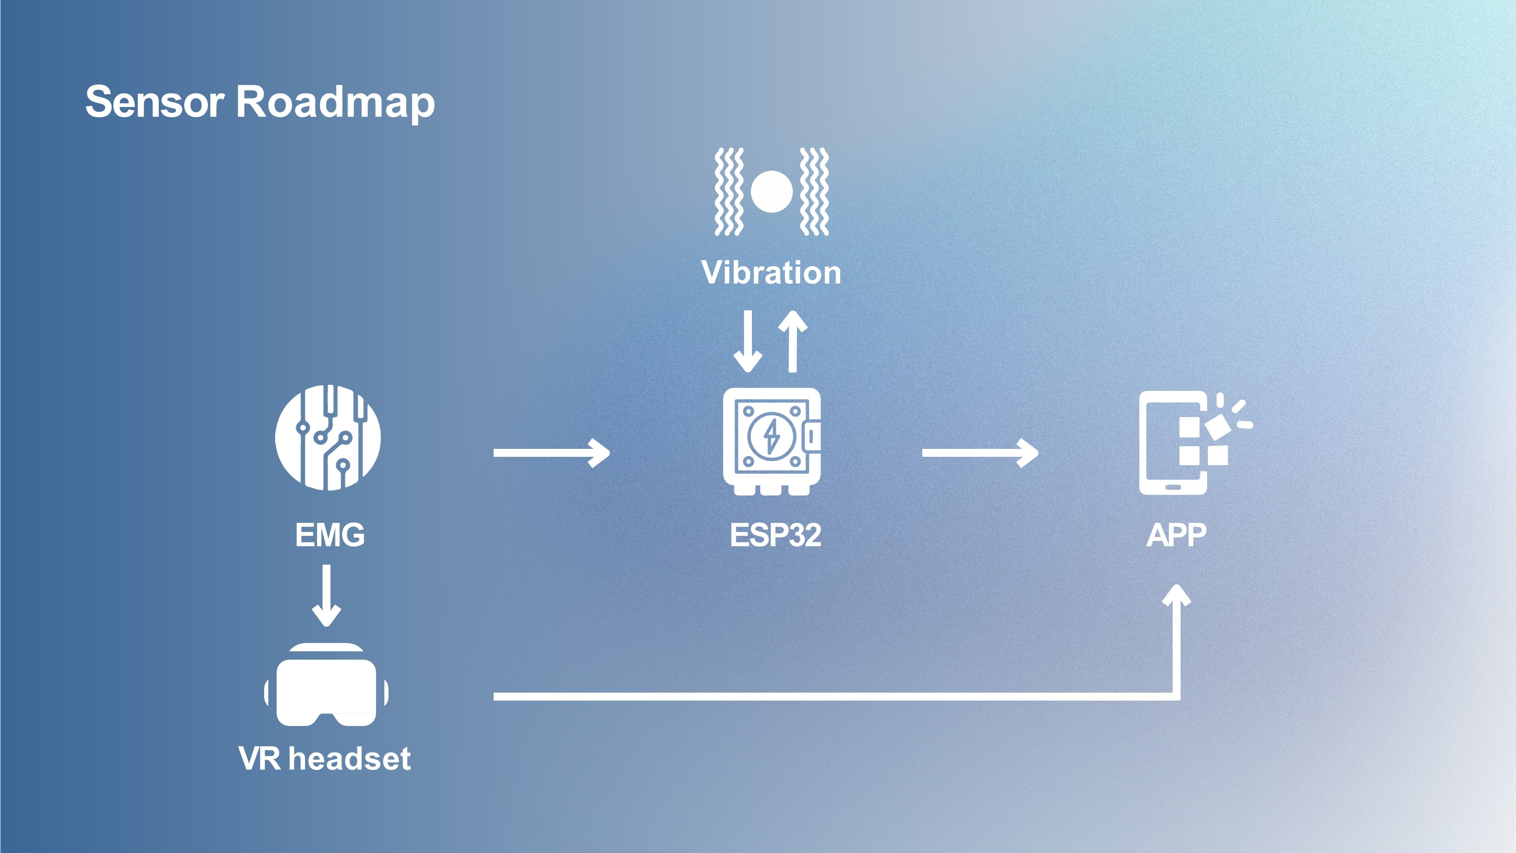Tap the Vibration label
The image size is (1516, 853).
pos(771,273)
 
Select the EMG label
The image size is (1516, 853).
pos(330,535)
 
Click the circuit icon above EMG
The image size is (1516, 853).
pos(328,437)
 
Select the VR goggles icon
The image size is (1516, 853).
pos(326,685)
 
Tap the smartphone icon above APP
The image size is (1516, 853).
pos(1195,443)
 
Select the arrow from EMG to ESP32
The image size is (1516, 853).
pos(551,453)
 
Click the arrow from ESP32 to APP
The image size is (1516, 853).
pos(980,453)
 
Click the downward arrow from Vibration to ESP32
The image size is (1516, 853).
pos(748,342)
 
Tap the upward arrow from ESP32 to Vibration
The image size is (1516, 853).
pos(793,342)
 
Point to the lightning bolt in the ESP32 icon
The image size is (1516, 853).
pos(771,437)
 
